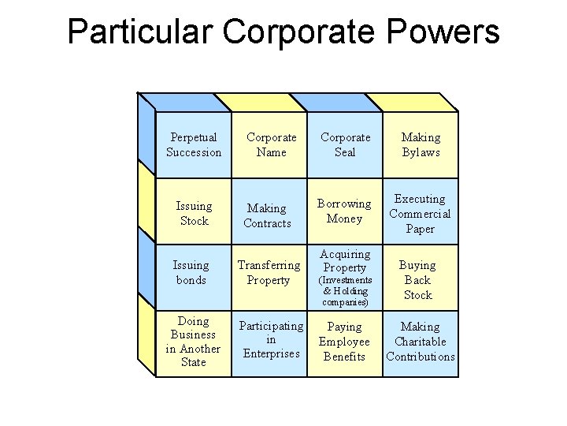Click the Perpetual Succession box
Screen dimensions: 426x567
(194, 144)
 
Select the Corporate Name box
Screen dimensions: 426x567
(271, 144)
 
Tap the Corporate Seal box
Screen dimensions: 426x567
(345, 144)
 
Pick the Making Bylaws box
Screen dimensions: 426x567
(421, 144)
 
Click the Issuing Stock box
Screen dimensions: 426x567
(194, 213)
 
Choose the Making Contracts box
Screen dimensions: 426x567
(267, 215)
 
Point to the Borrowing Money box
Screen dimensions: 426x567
(344, 211)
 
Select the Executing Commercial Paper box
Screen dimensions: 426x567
(420, 214)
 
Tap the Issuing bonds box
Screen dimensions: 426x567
(191, 272)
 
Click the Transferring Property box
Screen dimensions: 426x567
(269, 272)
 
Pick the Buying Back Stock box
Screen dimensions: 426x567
(417, 280)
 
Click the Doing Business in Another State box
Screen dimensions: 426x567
(193, 342)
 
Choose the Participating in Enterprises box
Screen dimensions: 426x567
(271, 340)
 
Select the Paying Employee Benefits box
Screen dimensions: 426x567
(344, 342)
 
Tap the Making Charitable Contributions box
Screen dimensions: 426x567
(421, 342)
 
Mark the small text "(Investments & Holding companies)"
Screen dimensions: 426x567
(345, 291)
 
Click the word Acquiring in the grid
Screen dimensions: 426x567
(345, 254)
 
